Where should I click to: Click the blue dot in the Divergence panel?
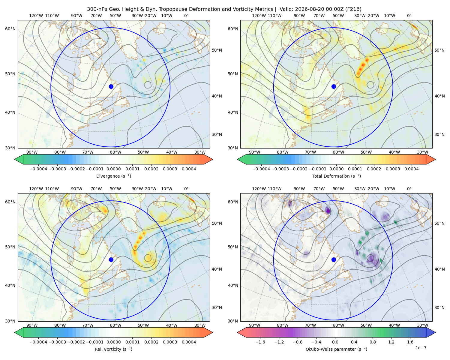click(x=111, y=87)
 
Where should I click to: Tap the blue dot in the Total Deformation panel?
click(x=334, y=87)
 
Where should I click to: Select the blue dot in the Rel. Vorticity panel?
click(x=111, y=259)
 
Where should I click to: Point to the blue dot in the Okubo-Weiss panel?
click(x=334, y=259)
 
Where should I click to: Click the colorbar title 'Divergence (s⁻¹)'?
click(x=113, y=176)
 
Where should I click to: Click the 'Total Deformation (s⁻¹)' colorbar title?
click(x=336, y=176)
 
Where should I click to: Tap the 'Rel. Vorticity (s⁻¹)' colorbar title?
click(x=113, y=349)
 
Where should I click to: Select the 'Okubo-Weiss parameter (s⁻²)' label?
click(x=336, y=349)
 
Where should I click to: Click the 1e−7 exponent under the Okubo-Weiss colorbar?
click(x=421, y=348)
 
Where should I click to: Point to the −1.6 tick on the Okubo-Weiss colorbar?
click(x=260, y=342)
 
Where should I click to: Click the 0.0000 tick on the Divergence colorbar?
click(x=113, y=169)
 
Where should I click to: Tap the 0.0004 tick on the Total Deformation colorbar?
click(x=412, y=169)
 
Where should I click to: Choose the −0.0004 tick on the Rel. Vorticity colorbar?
click(x=38, y=342)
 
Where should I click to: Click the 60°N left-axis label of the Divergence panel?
click(x=10, y=29)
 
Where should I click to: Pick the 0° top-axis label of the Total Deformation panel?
click(x=409, y=16)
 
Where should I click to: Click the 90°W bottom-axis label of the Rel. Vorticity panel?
click(x=32, y=325)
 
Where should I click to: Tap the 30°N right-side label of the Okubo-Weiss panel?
click(x=439, y=307)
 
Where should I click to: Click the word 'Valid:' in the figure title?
click(x=286, y=9)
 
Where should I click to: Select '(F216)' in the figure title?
click(x=353, y=9)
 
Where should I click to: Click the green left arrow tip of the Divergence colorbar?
click(x=15, y=159)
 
